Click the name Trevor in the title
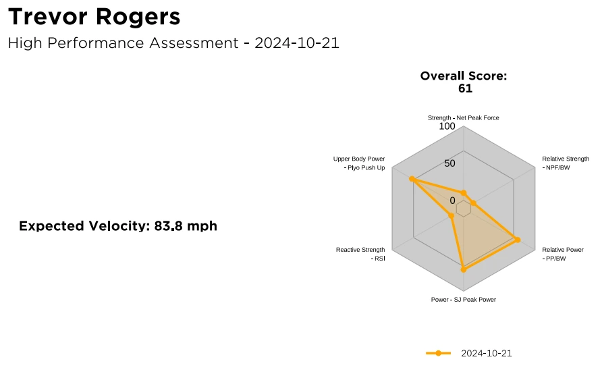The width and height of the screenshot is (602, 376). [48, 17]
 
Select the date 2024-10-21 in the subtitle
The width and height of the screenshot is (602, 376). [297, 43]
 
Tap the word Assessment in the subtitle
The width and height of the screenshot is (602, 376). [194, 43]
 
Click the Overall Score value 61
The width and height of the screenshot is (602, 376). [465, 88]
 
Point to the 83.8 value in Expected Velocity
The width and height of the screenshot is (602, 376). [167, 226]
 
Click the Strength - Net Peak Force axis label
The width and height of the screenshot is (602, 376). [464, 118]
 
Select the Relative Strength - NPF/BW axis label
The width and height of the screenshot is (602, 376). [566, 163]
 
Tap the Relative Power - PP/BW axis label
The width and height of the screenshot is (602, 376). [562, 254]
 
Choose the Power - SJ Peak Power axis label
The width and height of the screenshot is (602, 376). [464, 300]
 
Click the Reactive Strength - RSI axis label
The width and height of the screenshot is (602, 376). [360, 254]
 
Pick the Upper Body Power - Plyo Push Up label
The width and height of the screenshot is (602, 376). [359, 163]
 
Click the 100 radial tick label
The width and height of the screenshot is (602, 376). [447, 126]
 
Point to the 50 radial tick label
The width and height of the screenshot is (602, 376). [449, 163]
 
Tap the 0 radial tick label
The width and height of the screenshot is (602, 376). [452, 200]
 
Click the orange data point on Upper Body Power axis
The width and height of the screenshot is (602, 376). [412, 179]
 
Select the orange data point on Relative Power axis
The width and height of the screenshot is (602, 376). [517, 240]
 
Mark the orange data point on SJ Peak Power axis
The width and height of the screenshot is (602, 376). [464, 269]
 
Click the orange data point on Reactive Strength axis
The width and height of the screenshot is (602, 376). [451, 216]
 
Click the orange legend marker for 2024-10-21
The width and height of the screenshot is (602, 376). [439, 353]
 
